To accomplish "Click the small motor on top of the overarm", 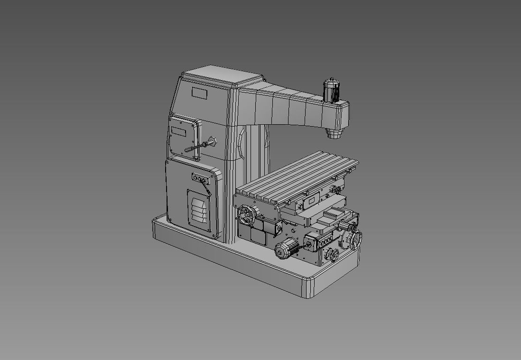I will point(331,89).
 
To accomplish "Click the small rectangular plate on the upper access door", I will point(179,131).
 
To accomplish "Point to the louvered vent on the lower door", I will point(199,209).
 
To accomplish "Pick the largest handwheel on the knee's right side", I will point(353,240).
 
